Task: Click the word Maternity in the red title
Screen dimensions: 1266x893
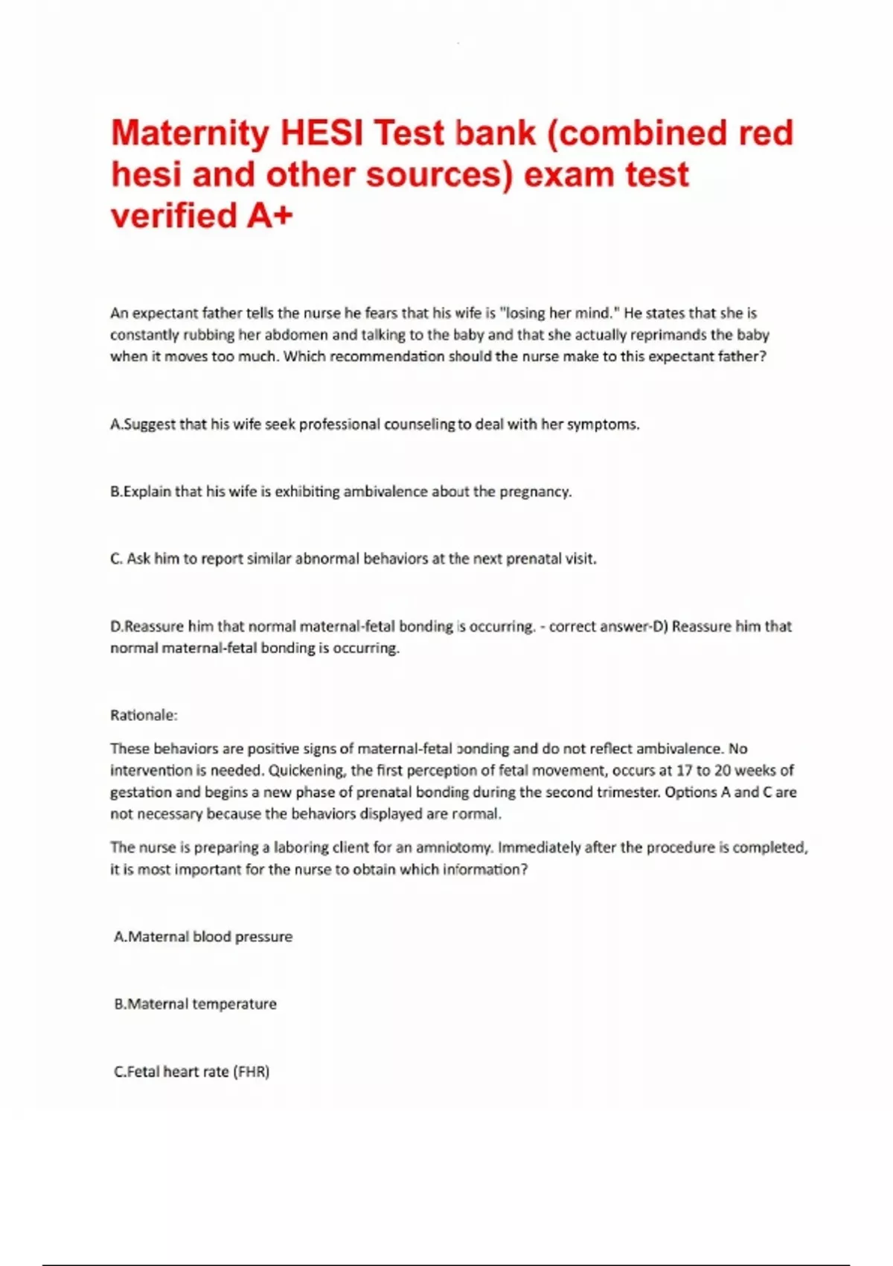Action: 190,134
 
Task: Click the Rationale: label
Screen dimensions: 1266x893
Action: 144,715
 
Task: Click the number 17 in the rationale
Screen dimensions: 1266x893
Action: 684,770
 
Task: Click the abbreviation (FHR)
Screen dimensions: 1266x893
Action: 251,1072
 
